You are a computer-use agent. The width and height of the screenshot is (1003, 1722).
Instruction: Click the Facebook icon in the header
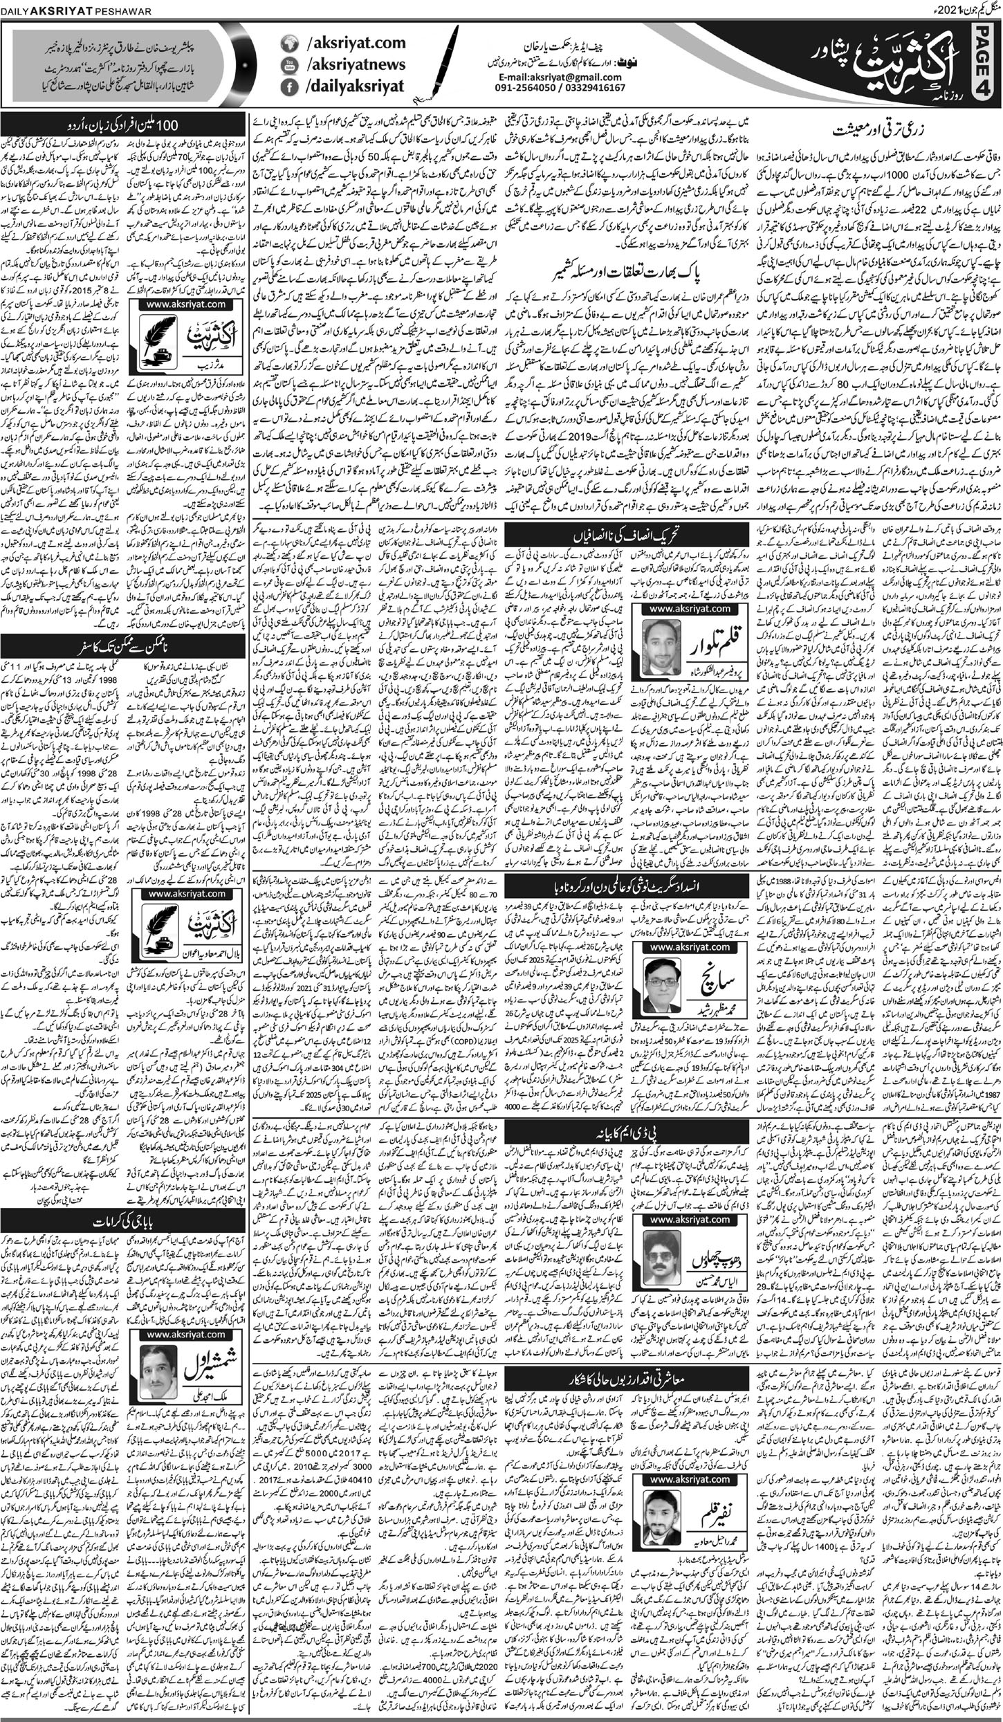pyautogui.click(x=288, y=89)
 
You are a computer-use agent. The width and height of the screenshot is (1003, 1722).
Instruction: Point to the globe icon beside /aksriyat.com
pyautogui.click(x=288, y=44)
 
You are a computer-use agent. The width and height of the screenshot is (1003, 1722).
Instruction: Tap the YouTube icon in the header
pyautogui.click(x=288, y=66)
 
